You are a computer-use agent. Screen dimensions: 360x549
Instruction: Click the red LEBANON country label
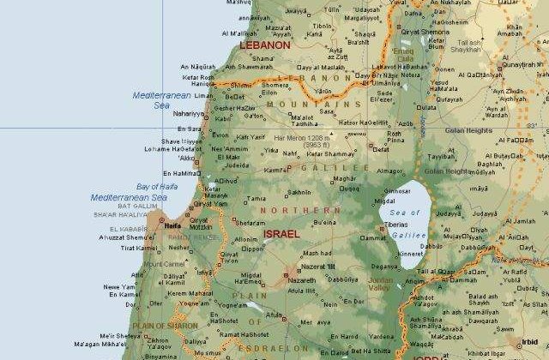pyautogui.click(x=265, y=44)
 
